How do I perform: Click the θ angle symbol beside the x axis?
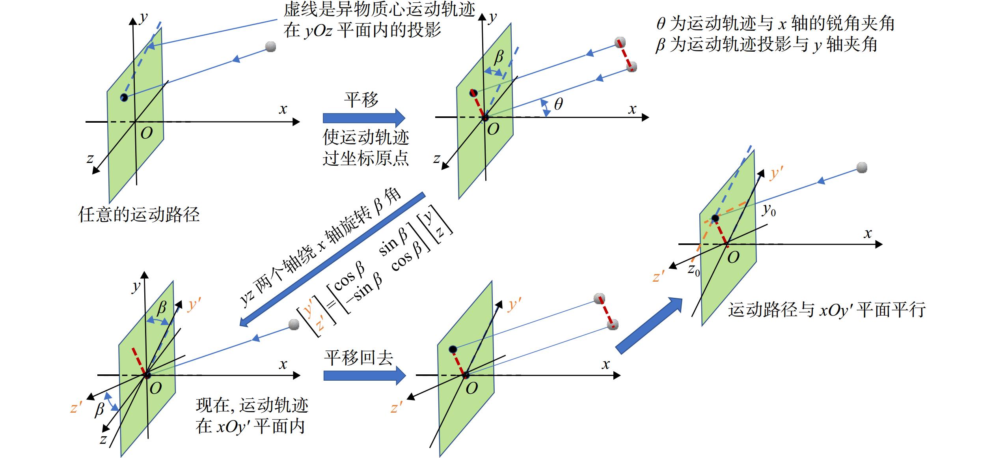pyautogui.click(x=558, y=104)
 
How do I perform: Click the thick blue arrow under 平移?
pyautogui.click(x=364, y=118)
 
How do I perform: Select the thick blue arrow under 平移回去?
pyautogui.click(x=365, y=375)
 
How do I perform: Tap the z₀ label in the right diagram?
pyautogui.click(x=693, y=270)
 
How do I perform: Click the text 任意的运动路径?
pyautogui.click(x=139, y=215)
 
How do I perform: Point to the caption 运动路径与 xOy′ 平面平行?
pyautogui.click(x=827, y=310)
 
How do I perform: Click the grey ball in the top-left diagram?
pyautogui.click(x=270, y=47)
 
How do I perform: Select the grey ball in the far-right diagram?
pyautogui.click(x=862, y=168)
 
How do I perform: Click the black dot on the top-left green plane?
pyautogui.click(x=124, y=97)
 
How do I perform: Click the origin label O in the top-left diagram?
pyautogui.click(x=146, y=133)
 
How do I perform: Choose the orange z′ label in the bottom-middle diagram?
pyautogui.click(x=396, y=407)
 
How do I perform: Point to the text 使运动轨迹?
pyautogui.click(x=366, y=137)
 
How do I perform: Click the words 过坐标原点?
pyautogui.click(x=366, y=159)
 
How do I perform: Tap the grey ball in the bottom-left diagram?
pyautogui.click(x=294, y=325)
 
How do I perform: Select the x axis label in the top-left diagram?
pyautogui.click(x=283, y=109)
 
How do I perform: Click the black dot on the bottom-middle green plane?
pyautogui.click(x=453, y=349)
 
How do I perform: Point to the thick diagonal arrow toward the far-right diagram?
pyautogui.click(x=649, y=326)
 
